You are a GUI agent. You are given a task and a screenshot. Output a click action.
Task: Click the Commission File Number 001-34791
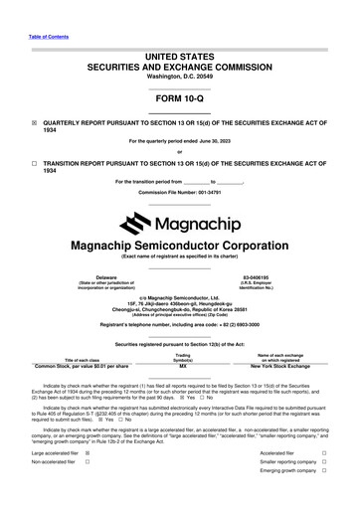click(x=179, y=191)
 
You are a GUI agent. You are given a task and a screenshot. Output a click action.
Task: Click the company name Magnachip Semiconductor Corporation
click(x=179, y=246)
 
